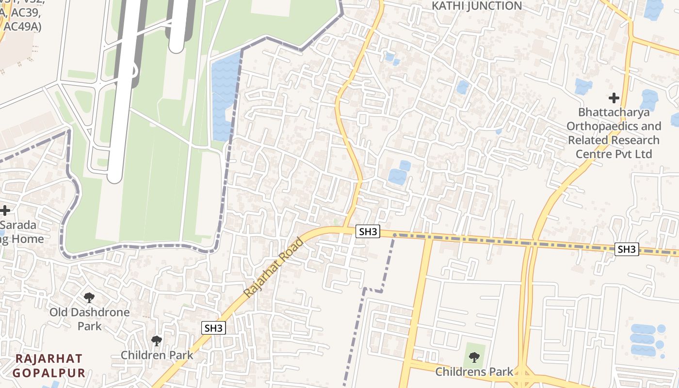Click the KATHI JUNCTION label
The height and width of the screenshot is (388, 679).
click(477, 6)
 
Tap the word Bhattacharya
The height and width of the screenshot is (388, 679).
click(614, 113)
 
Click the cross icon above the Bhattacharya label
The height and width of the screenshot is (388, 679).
click(614, 98)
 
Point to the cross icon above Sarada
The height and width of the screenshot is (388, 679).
click(5, 210)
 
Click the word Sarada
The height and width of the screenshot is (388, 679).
click(18, 225)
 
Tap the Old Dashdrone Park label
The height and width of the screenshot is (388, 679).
click(90, 319)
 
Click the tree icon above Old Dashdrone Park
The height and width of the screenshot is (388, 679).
click(89, 297)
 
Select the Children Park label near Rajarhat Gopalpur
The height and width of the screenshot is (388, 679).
click(157, 355)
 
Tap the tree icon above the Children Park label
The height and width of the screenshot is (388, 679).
click(156, 341)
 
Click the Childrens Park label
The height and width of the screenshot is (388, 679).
click(474, 372)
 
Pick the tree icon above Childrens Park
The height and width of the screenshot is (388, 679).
click(474, 358)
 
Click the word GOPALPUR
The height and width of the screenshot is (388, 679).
click(49, 373)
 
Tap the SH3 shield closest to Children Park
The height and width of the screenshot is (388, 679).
click(213, 328)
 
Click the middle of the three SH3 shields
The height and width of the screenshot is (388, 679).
click(368, 232)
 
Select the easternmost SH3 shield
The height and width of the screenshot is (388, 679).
click(627, 249)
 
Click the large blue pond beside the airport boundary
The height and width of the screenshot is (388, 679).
click(224, 97)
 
